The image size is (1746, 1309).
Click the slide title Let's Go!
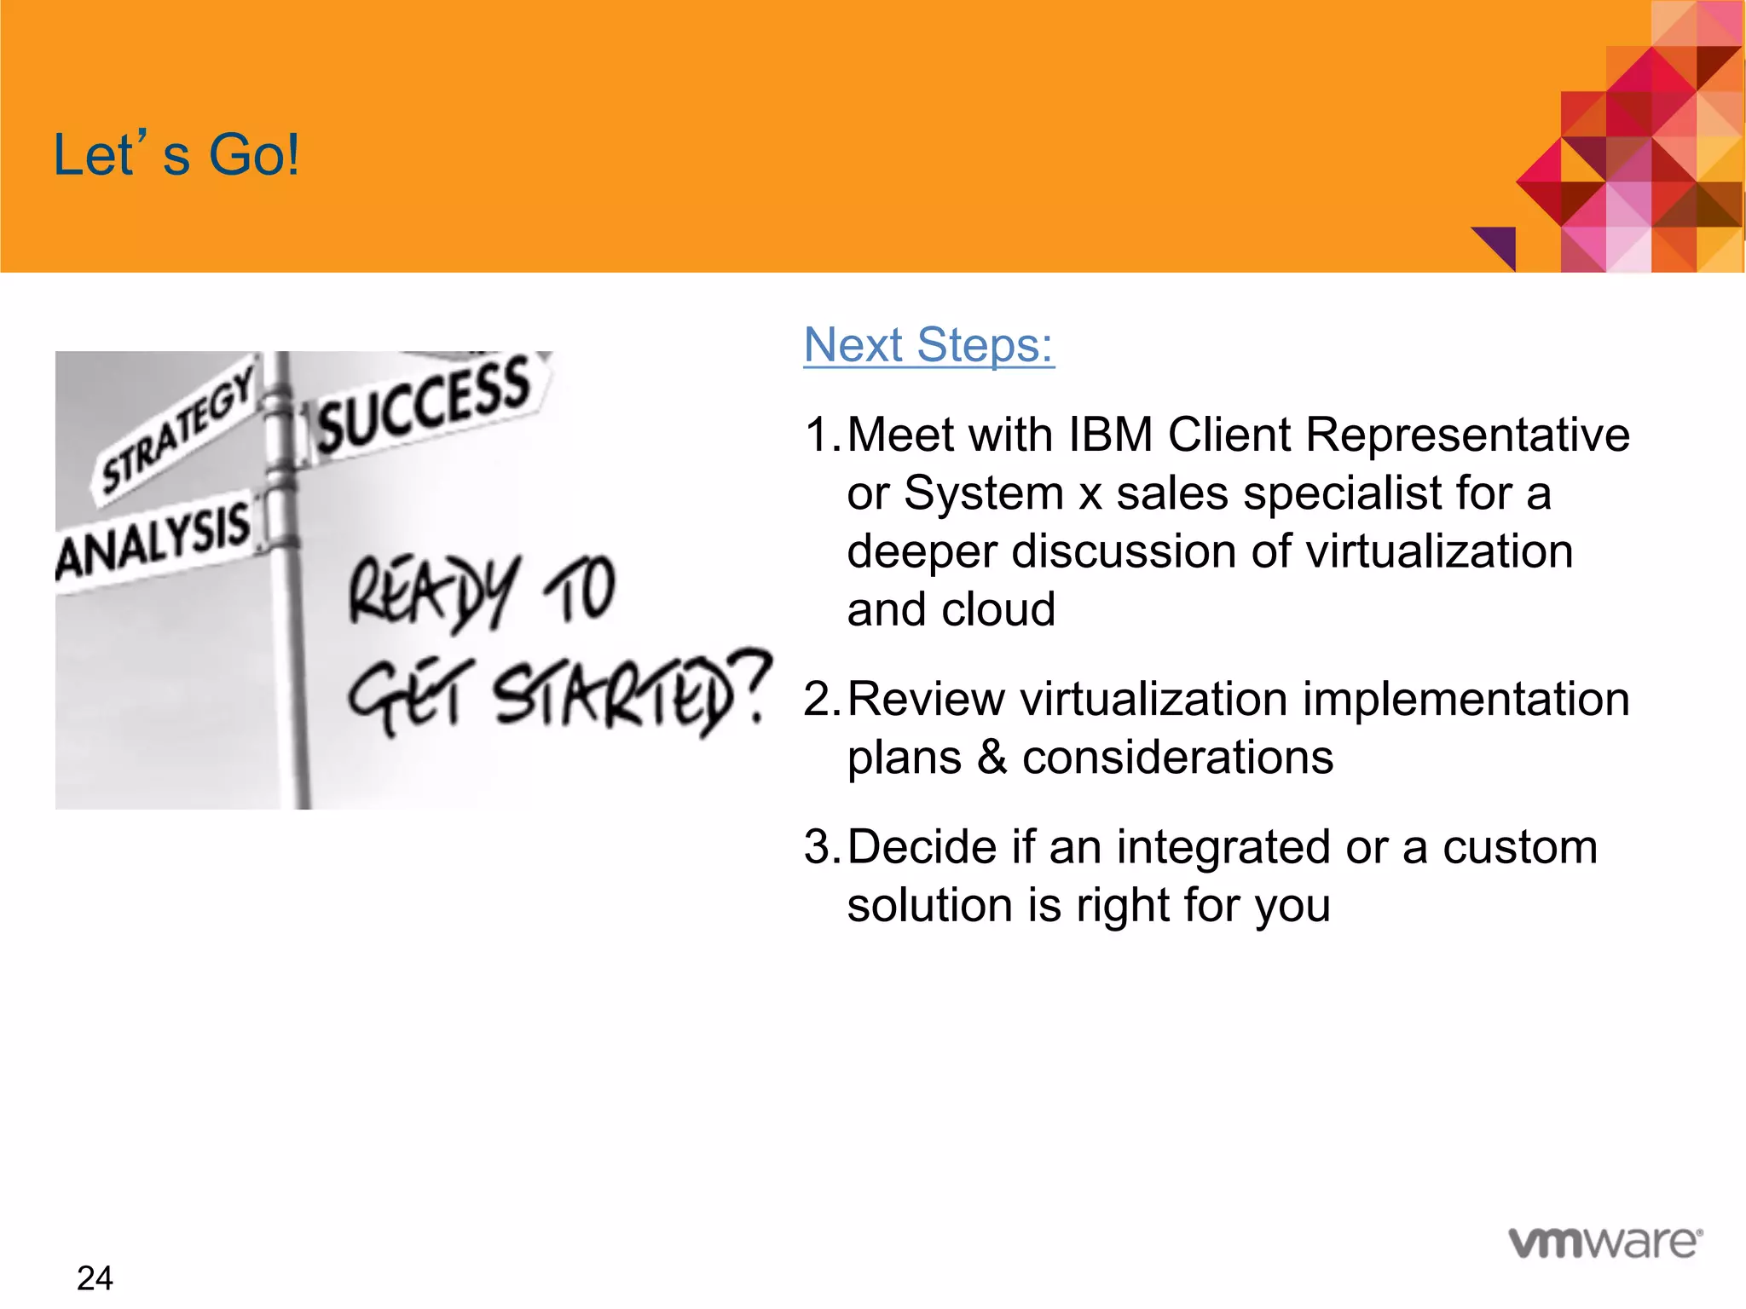pos(176,155)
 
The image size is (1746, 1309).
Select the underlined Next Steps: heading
pos(928,345)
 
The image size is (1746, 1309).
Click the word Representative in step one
pos(1467,435)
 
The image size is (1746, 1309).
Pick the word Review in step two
pos(926,700)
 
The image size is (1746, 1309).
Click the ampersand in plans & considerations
pos(992,758)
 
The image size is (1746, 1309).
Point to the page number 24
pos(95,1278)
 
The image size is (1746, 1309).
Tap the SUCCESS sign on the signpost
pos(425,405)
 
